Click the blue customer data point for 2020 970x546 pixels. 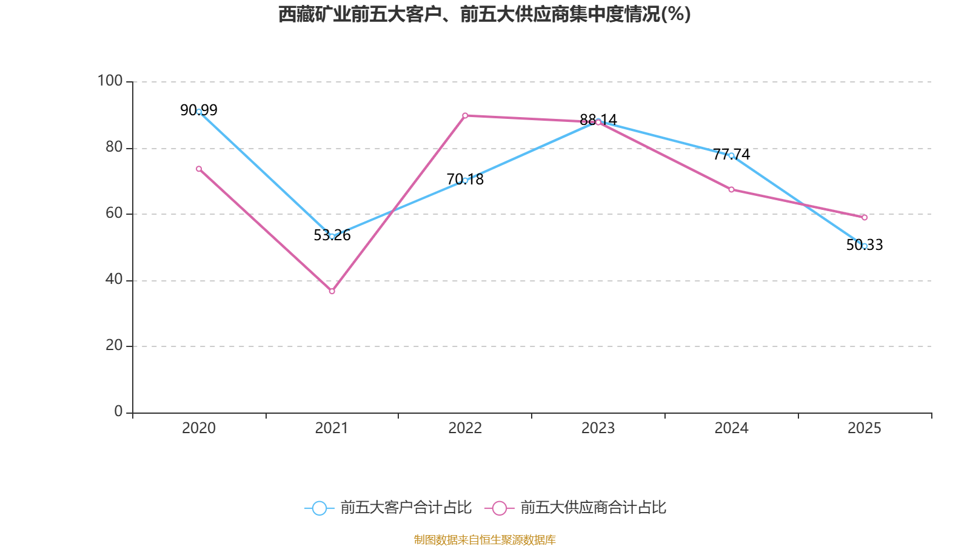[x=199, y=112]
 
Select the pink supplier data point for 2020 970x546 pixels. [x=199, y=169]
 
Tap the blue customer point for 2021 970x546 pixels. [x=332, y=236]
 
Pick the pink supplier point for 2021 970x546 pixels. [x=332, y=291]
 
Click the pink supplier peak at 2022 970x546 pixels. [x=465, y=115]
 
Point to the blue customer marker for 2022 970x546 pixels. [x=465, y=180]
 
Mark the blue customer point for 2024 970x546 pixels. [x=731, y=155]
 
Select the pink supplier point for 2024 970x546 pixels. [x=731, y=189]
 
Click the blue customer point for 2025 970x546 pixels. [x=865, y=246]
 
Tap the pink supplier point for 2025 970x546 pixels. [x=865, y=217]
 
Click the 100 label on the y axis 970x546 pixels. [x=110, y=81]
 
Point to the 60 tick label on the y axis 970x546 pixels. [x=113, y=213]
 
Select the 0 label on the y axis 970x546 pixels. [x=118, y=411]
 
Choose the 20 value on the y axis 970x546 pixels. [x=113, y=345]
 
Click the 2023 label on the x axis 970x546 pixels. [x=598, y=428]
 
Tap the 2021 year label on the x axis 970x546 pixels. [x=332, y=428]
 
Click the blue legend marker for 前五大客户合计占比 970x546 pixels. [x=319, y=508]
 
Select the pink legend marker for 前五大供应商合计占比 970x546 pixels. [x=499, y=508]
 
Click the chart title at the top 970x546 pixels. [x=484, y=14]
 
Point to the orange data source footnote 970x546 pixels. [x=484, y=539]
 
